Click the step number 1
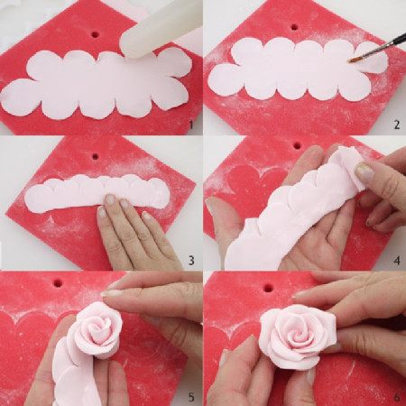(190, 125)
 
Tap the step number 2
(394, 125)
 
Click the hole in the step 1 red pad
(95, 34)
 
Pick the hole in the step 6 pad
(267, 289)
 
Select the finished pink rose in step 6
(297, 337)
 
